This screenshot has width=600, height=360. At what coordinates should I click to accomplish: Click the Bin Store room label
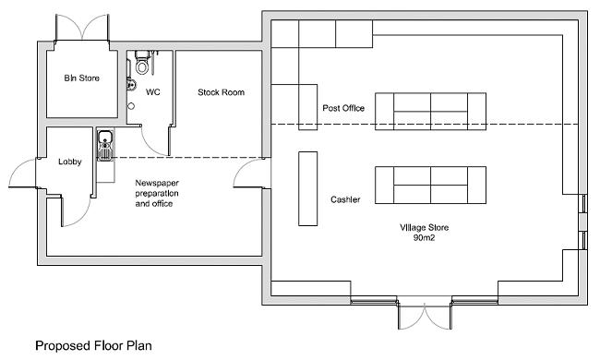(x=76, y=78)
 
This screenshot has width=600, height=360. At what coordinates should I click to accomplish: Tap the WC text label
(x=154, y=92)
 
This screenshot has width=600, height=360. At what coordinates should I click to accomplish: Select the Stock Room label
(x=221, y=92)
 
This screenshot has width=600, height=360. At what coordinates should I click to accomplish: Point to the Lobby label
(x=70, y=162)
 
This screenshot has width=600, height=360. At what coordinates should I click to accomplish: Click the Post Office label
(x=342, y=109)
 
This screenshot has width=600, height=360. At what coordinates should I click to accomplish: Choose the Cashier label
(x=344, y=199)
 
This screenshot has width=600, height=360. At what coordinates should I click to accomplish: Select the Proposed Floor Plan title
(x=94, y=346)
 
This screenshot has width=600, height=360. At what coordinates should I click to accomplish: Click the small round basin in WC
(x=131, y=106)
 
